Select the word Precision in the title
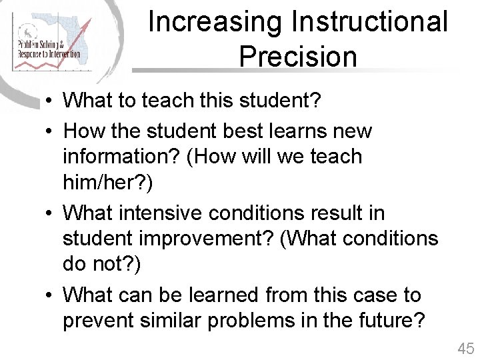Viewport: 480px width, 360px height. coord(297,56)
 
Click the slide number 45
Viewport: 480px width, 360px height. coord(465,348)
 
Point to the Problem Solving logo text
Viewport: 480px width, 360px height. coord(48,49)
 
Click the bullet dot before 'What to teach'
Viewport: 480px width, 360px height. coord(51,102)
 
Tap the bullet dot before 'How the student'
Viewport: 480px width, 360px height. coord(51,131)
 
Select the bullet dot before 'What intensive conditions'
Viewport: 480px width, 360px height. coord(51,213)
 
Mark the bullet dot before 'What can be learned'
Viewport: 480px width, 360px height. coord(51,295)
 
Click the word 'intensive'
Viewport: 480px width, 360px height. coord(160,213)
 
